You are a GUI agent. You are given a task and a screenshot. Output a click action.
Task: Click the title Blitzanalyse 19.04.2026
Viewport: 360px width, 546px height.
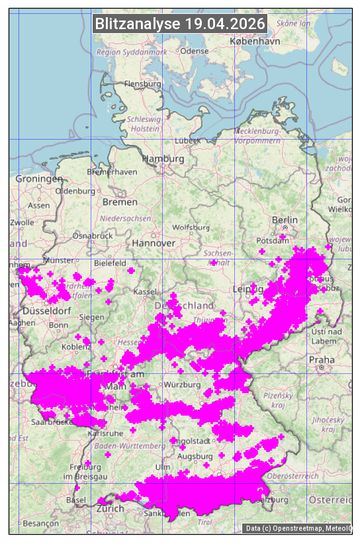pyautogui.click(x=180, y=24)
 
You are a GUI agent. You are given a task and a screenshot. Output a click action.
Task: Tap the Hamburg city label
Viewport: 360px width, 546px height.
pyautogui.click(x=163, y=159)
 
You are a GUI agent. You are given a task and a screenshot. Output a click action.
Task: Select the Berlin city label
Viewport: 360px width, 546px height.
pyautogui.click(x=285, y=220)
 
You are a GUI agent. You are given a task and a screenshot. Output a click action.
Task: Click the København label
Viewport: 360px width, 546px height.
pyautogui.click(x=255, y=40)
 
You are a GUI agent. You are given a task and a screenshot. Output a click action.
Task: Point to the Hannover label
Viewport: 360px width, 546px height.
pyautogui.click(x=154, y=243)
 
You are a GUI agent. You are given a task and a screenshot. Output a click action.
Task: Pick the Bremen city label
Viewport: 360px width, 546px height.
pyautogui.click(x=120, y=201)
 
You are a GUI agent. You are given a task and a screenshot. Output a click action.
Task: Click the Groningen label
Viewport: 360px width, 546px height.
pyautogui.click(x=39, y=179)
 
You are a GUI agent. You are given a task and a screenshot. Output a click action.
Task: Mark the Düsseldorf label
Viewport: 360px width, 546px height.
pyautogui.click(x=46, y=310)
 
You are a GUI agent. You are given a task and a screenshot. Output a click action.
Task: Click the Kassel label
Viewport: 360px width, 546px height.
pyautogui.click(x=144, y=291)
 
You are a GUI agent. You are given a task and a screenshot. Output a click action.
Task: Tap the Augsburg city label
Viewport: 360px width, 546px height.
pyautogui.click(x=195, y=456)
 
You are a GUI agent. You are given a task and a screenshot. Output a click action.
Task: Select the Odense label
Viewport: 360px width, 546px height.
pyautogui.click(x=195, y=50)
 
